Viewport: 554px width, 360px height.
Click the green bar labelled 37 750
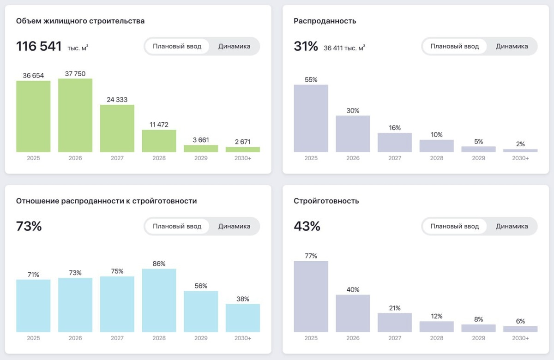tap(75, 115)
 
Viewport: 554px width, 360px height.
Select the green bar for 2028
tap(159, 141)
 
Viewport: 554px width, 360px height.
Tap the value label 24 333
tap(117, 100)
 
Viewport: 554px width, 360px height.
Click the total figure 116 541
tap(39, 46)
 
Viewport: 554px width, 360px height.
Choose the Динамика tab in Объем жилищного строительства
tap(234, 46)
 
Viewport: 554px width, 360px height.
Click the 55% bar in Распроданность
tap(311, 118)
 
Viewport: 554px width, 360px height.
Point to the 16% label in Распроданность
tap(395, 128)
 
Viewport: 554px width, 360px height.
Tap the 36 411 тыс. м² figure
tap(344, 48)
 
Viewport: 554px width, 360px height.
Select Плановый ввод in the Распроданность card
tap(455, 46)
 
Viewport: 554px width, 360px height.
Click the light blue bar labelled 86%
tap(159, 300)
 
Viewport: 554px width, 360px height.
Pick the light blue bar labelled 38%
tap(243, 318)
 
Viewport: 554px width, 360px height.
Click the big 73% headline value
tap(29, 226)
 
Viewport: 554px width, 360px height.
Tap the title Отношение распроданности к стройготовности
tap(106, 201)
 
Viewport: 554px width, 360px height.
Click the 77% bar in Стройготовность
tap(311, 296)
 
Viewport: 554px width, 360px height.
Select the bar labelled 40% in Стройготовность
tap(353, 313)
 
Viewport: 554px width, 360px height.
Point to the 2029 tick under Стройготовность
tap(479, 338)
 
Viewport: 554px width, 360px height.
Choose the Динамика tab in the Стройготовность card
tap(512, 226)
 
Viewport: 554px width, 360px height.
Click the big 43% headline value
tap(307, 226)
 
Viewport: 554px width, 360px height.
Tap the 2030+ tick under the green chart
tap(243, 158)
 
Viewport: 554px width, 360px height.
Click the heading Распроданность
tap(325, 21)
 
